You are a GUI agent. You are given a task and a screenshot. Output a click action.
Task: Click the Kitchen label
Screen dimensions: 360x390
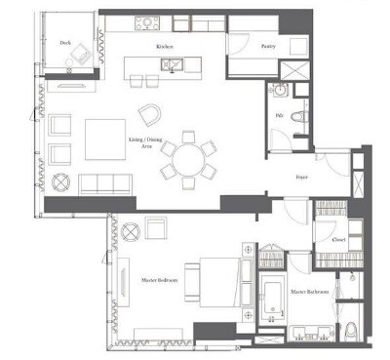[x=164, y=46]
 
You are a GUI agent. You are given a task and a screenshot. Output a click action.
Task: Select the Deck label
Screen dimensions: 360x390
[x=64, y=43]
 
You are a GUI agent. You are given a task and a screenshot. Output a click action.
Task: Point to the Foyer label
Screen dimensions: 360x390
[x=302, y=177]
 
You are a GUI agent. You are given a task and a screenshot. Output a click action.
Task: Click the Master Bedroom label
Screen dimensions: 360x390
[x=157, y=279]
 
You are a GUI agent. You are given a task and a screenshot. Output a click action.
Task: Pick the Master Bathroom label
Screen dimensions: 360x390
[x=308, y=292]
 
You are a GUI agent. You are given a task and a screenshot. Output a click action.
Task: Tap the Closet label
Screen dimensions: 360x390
[x=337, y=238]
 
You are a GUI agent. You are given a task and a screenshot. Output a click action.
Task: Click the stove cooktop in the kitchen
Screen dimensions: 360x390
[x=149, y=20]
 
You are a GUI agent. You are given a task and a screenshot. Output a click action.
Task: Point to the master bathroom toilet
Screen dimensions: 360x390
[x=352, y=331]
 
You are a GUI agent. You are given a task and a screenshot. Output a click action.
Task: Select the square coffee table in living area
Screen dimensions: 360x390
[x=104, y=139]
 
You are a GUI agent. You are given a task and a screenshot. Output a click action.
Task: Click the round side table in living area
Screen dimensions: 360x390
[x=59, y=181]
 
